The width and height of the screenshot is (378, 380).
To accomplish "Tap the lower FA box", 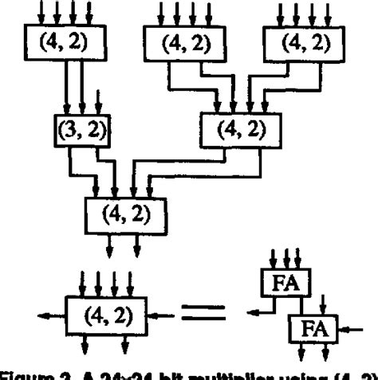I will point(312,327).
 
